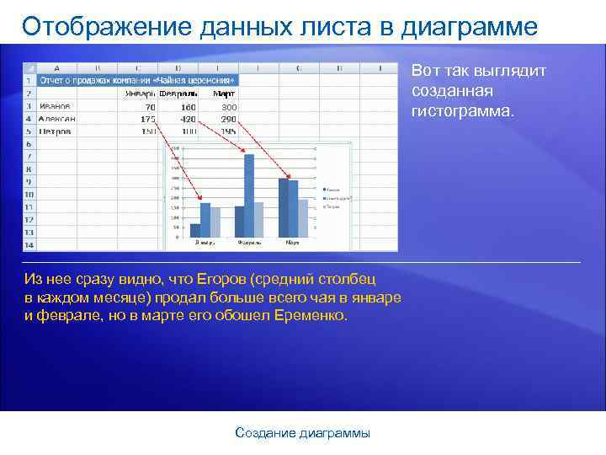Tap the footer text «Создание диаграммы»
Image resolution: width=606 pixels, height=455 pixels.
(302, 433)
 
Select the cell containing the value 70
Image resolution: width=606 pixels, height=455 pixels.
(149, 107)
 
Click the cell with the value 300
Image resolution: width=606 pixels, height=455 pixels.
(229, 107)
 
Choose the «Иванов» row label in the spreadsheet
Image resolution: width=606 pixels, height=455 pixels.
(54, 107)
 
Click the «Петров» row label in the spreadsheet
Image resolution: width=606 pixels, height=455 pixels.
(54, 131)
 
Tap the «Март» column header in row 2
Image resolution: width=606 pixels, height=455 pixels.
(224, 94)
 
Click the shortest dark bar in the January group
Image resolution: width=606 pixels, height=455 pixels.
(195, 229)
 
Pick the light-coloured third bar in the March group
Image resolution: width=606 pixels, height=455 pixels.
(303, 217)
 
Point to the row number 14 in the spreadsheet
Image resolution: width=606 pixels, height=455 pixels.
(28, 244)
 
